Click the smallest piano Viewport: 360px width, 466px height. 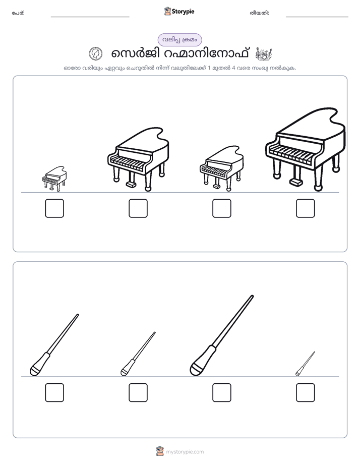point(54,179)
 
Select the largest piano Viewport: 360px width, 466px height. point(306,149)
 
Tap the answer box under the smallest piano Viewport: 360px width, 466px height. point(54,208)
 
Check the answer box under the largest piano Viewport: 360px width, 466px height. point(306,208)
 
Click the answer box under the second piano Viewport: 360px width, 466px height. point(138,208)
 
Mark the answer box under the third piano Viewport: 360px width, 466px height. point(222,208)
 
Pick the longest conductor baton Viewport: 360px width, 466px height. point(222,335)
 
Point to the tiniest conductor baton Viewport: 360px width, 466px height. point(306,364)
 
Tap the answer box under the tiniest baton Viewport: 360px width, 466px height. point(306,392)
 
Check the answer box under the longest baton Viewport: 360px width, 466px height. point(222,392)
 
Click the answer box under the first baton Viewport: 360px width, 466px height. point(54,392)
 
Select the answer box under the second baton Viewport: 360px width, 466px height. point(138,392)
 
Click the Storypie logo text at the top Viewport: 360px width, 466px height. point(183,12)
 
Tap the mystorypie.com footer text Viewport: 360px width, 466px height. point(185,452)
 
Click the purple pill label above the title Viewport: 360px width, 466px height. point(179,40)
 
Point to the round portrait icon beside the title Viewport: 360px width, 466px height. point(96,54)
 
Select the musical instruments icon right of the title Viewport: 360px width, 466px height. point(264,53)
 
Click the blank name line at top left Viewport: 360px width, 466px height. point(90,17)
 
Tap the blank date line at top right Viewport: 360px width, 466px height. point(317,17)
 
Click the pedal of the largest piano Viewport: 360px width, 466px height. point(296,182)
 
